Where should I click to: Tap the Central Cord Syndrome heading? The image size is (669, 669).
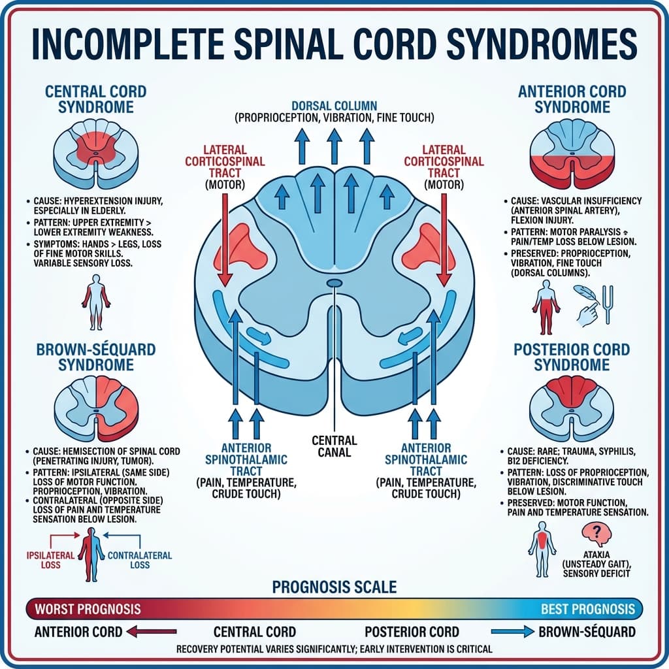(96, 99)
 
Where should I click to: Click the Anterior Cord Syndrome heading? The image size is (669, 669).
(572, 99)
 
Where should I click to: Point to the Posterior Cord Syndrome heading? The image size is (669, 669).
(572, 357)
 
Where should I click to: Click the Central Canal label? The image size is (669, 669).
(334, 447)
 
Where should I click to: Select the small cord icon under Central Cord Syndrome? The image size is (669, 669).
(96, 154)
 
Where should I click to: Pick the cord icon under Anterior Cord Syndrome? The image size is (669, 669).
(571, 154)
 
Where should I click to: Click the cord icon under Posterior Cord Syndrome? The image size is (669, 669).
(571, 408)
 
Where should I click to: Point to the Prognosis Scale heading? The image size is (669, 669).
(334, 586)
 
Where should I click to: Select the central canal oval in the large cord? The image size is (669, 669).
(334, 282)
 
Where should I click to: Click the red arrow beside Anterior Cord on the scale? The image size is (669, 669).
(153, 632)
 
